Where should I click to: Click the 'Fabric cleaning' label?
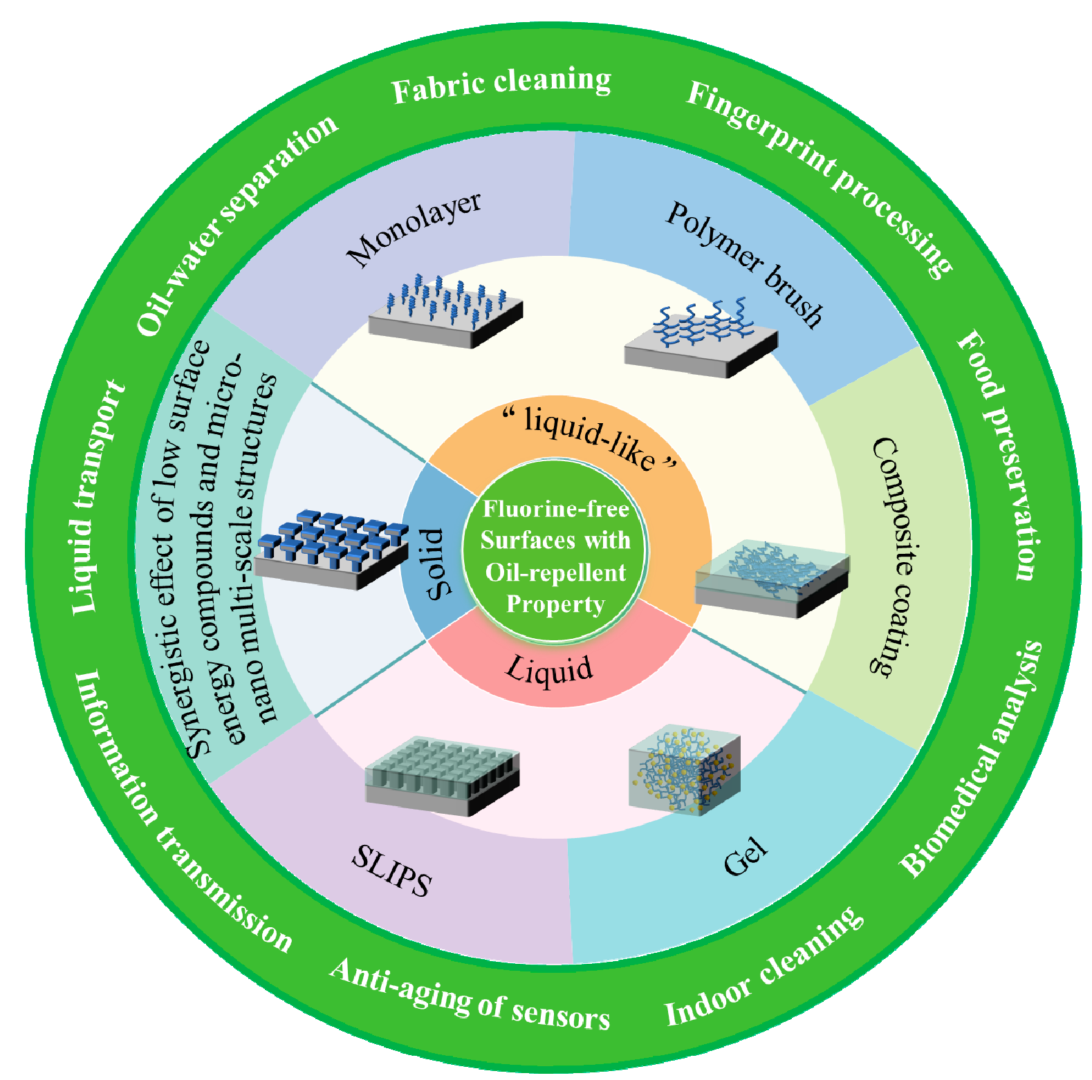coord(501,86)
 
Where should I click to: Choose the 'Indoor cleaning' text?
coord(764,967)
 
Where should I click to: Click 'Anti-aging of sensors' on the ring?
coord(470,996)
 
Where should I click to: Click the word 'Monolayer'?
coord(414,229)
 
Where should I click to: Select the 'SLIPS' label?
coord(391,871)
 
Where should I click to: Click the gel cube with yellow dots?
coord(685,768)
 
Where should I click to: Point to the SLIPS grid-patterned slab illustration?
coord(442,774)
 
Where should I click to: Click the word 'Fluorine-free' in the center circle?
coord(555,509)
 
